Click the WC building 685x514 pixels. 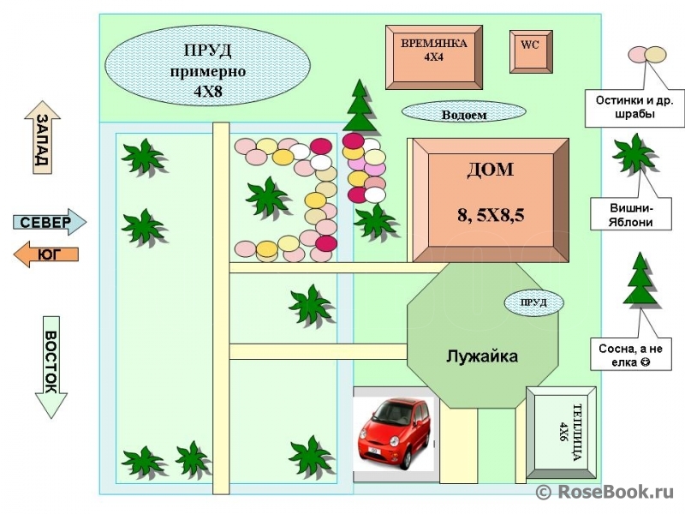point(531,51)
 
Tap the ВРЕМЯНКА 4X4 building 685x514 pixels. point(434,57)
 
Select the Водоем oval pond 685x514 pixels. point(463,112)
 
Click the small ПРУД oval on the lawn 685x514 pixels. point(533,302)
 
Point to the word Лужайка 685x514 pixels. point(482,356)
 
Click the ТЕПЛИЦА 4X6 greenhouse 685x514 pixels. point(561,433)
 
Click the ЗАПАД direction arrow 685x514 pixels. point(42,137)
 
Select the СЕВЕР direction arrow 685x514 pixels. point(50,222)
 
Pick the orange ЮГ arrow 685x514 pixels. point(46,254)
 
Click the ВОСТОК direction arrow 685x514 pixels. point(51,368)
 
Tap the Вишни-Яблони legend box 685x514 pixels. point(631,214)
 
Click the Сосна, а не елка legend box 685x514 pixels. point(631,354)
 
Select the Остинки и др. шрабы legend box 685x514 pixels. point(634,108)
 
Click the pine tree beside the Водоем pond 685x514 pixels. point(359,105)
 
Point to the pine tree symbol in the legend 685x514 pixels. point(640,278)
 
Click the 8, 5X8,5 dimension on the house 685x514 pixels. point(491,215)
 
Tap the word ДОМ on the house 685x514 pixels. point(490,170)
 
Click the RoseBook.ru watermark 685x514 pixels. point(605,492)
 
